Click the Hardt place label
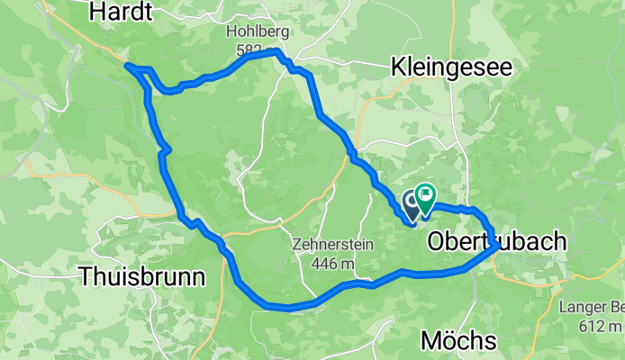click(x=122, y=11)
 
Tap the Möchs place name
click(x=459, y=340)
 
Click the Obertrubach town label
click(x=497, y=241)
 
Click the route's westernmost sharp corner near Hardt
click(x=126, y=66)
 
